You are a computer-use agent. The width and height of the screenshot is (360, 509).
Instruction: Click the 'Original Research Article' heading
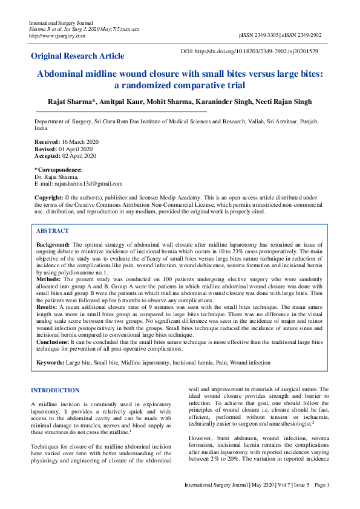click(77, 56)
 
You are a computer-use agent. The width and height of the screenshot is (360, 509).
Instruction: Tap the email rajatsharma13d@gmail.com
click(88, 183)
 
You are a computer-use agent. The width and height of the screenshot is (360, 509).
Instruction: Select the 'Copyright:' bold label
click(48, 198)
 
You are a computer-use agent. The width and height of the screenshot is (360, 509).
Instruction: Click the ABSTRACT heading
click(53, 231)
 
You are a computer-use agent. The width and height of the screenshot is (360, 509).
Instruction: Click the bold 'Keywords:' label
click(51, 362)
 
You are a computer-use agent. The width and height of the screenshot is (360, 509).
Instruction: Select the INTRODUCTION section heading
click(55, 391)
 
